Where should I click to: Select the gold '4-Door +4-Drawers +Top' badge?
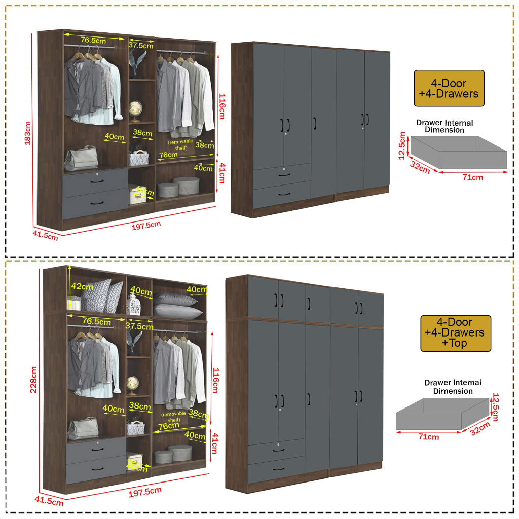(x=456, y=333)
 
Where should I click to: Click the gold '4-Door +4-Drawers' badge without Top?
(x=449, y=88)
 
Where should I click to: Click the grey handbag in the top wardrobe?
(x=81, y=158)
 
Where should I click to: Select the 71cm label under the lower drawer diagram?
(x=429, y=437)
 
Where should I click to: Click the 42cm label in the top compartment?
(x=82, y=287)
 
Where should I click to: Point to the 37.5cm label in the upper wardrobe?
(x=140, y=45)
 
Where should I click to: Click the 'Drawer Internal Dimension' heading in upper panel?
(x=444, y=126)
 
